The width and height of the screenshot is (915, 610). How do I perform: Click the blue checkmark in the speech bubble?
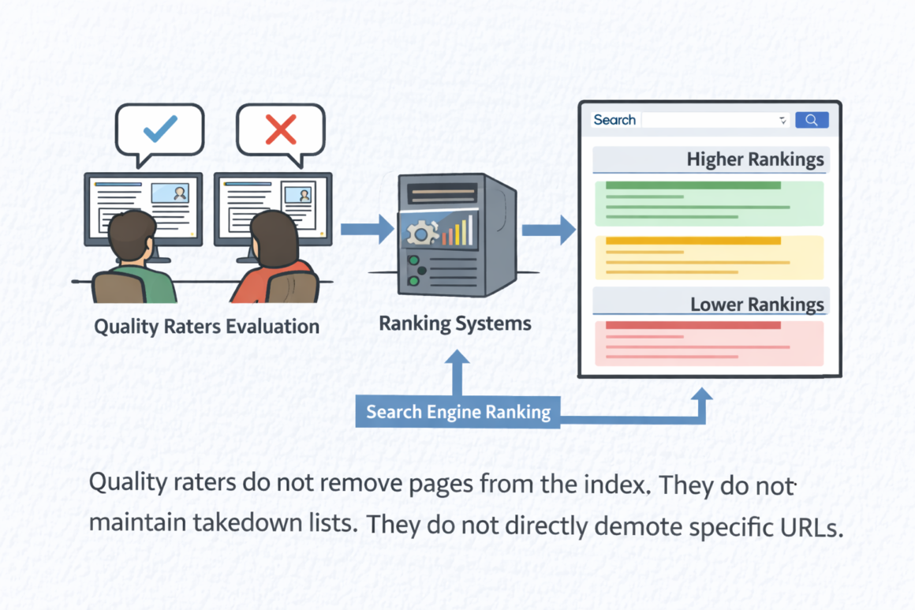coord(160,129)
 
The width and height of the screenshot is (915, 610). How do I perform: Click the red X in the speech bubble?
coord(281,129)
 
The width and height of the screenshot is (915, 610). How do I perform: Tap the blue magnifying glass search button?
coord(812,120)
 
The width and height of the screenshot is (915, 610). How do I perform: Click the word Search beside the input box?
coord(614,120)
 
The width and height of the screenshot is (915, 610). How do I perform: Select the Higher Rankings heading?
coord(754,159)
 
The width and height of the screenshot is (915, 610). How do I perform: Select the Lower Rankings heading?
coord(756,305)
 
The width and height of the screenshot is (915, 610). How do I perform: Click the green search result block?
coord(708,204)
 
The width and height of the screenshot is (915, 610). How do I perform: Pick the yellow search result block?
coord(708,257)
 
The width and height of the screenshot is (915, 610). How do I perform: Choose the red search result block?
coord(708,342)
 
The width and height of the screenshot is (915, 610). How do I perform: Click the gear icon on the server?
coord(422,232)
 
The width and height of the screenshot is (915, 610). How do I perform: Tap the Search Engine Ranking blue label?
coord(458,412)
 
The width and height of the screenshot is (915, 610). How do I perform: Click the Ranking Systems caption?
coord(454,324)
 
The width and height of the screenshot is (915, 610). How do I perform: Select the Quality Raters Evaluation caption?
coord(207,327)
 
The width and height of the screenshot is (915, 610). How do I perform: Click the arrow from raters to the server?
coord(367,229)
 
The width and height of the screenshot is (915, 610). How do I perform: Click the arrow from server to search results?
coord(548,230)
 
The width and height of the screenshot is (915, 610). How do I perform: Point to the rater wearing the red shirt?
coord(273,260)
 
